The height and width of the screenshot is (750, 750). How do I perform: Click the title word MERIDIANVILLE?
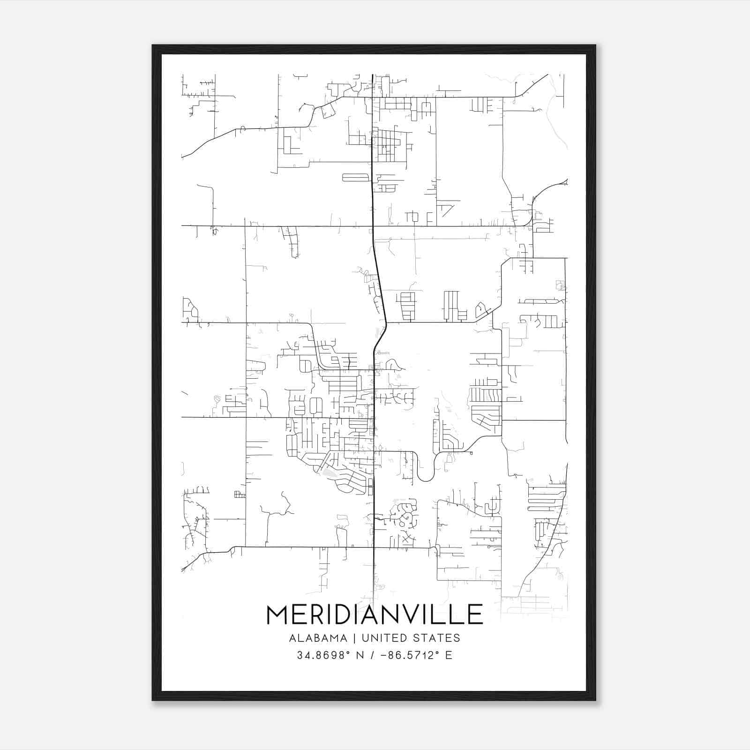[x=375, y=615]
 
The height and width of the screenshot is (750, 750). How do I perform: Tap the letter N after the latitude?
[x=360, y=655]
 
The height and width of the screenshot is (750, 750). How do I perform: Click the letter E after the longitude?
[x=449, y=655]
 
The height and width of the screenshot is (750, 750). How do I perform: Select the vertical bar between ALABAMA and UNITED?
[x=354, y=638]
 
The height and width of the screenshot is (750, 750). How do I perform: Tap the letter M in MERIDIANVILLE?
[x=278, y=615]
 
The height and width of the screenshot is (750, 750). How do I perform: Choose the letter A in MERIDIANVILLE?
[x=376, y=615]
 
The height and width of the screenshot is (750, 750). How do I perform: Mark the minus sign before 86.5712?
[x=384, y=655]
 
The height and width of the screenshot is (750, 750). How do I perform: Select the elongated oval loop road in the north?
[x=357, y=177]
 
